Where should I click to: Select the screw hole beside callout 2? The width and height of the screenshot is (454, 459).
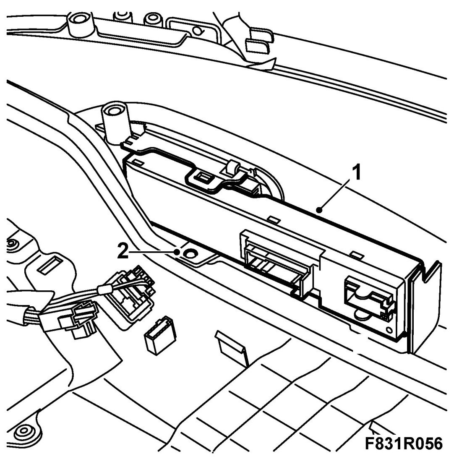pos(191,253)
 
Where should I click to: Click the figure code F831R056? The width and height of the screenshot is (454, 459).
pos(403,443)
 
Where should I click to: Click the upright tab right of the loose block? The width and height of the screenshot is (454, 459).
pos(231,344)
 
